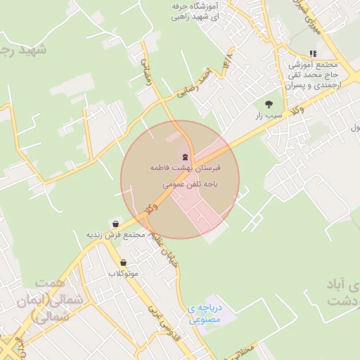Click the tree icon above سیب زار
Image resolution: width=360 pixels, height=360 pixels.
click(x=269, y=104)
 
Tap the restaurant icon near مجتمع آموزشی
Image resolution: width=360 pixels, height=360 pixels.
click(x=313, y=53)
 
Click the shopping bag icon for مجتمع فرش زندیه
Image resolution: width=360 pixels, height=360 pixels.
click(x=115, y=224)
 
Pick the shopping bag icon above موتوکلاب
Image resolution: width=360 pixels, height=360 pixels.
click(x=124, y=262)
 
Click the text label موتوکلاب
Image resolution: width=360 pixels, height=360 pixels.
click(x=124, y=273)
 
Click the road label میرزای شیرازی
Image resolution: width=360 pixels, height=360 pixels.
click(x=311, y=21)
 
